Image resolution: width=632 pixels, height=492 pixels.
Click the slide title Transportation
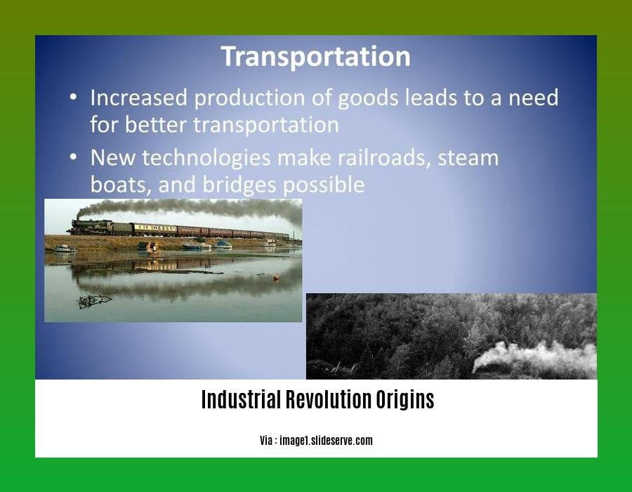pos(316,56)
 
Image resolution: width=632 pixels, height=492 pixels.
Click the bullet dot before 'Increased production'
pos(73,97)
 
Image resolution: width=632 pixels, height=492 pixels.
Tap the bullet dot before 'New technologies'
pos(73,157)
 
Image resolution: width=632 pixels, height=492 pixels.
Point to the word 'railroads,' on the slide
pos(382,157)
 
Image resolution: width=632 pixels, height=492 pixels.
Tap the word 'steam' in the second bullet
pos(468,158)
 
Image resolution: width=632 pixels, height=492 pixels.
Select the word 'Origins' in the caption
pos(405,400)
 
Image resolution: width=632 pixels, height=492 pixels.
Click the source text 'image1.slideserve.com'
pos(326,441)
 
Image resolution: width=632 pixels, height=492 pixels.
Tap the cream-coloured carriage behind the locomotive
pos(154,229)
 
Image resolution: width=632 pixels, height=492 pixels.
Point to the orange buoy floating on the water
pos(277,278)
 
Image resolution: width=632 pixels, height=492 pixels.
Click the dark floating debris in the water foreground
pos(94,301)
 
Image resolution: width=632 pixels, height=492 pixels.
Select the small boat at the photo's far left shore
pos(65,248)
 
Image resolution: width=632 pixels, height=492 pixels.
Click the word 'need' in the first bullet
pos(533,98)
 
